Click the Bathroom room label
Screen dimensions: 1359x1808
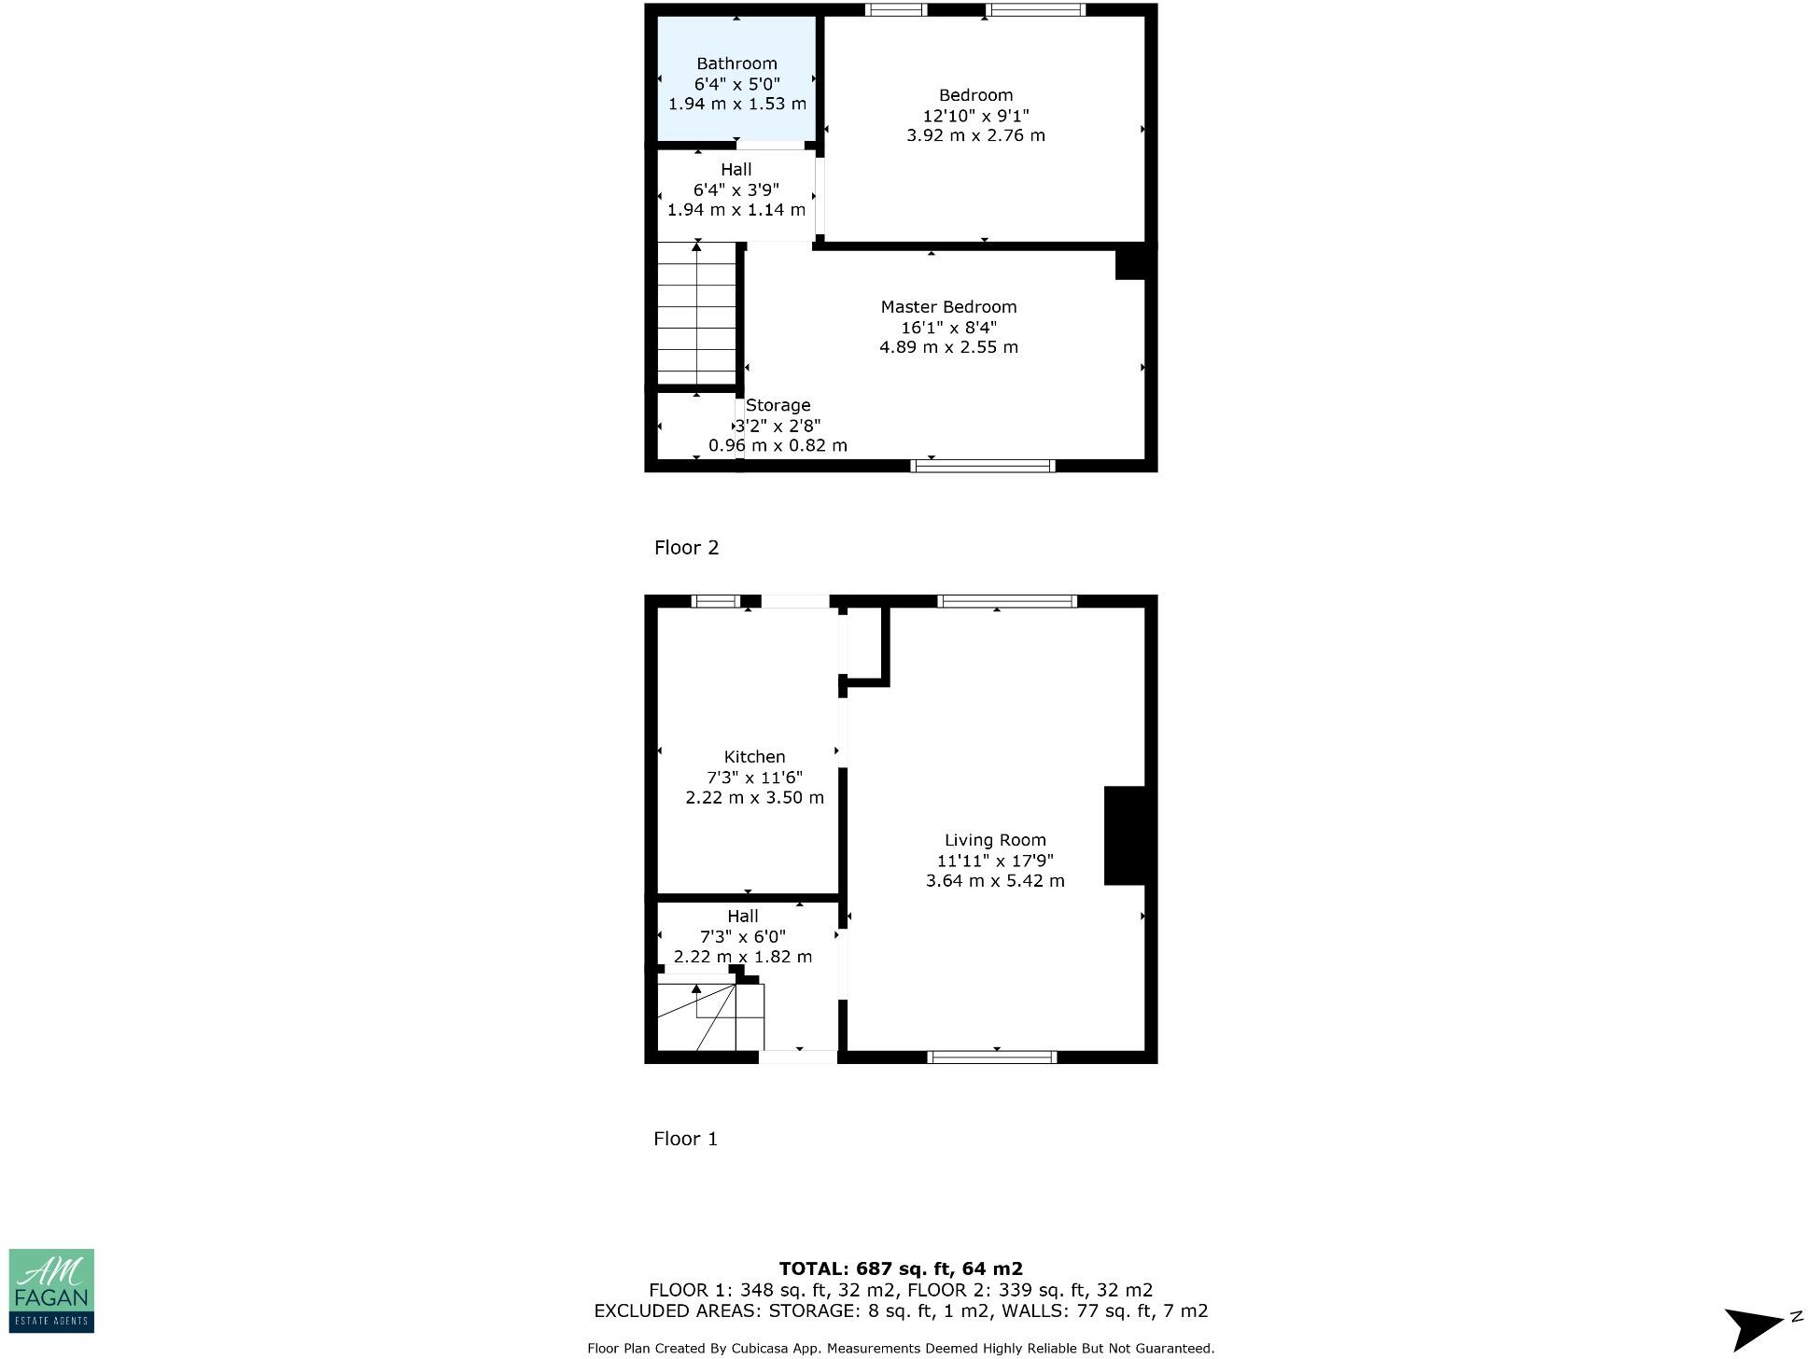[x=736, y=63]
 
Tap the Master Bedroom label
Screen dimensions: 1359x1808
[x=948, y=307]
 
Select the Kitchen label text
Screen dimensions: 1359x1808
[x=754, y=757]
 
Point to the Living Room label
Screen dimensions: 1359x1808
[x=995, y=840]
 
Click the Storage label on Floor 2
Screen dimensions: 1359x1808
[x=778, y=405]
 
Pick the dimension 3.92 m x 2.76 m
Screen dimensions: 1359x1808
[x=975, y=135]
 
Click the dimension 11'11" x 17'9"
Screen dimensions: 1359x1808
[x=995, y=861]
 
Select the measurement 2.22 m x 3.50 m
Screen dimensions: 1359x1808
[x=754, y=798]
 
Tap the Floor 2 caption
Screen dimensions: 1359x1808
[x=686, y=548]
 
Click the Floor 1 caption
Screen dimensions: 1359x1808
[x=685, y=1139]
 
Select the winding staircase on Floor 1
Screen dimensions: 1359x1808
[x=709, y=1016]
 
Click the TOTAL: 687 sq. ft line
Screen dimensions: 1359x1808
[x=901, y=1268]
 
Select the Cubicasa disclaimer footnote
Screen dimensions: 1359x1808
[x=901, y=1348]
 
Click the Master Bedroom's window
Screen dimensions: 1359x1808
[x=983, y=465]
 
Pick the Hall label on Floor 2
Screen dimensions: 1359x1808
[x=736, y=170]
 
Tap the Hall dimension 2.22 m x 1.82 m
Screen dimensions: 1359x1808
[x=743, y=957]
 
